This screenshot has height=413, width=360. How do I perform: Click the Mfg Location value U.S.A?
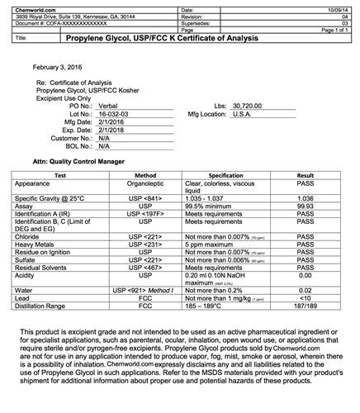249,113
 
